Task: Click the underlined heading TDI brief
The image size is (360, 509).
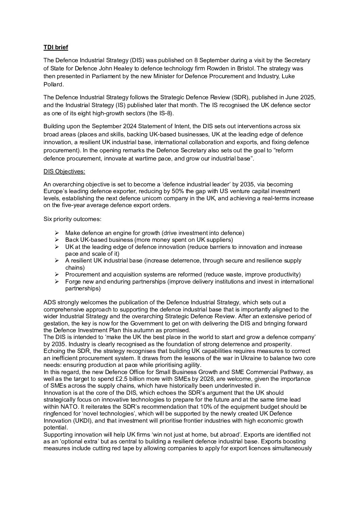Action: pos(56,47)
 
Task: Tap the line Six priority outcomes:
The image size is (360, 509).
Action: pos(72,219)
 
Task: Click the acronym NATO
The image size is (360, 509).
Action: pos(70,407)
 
